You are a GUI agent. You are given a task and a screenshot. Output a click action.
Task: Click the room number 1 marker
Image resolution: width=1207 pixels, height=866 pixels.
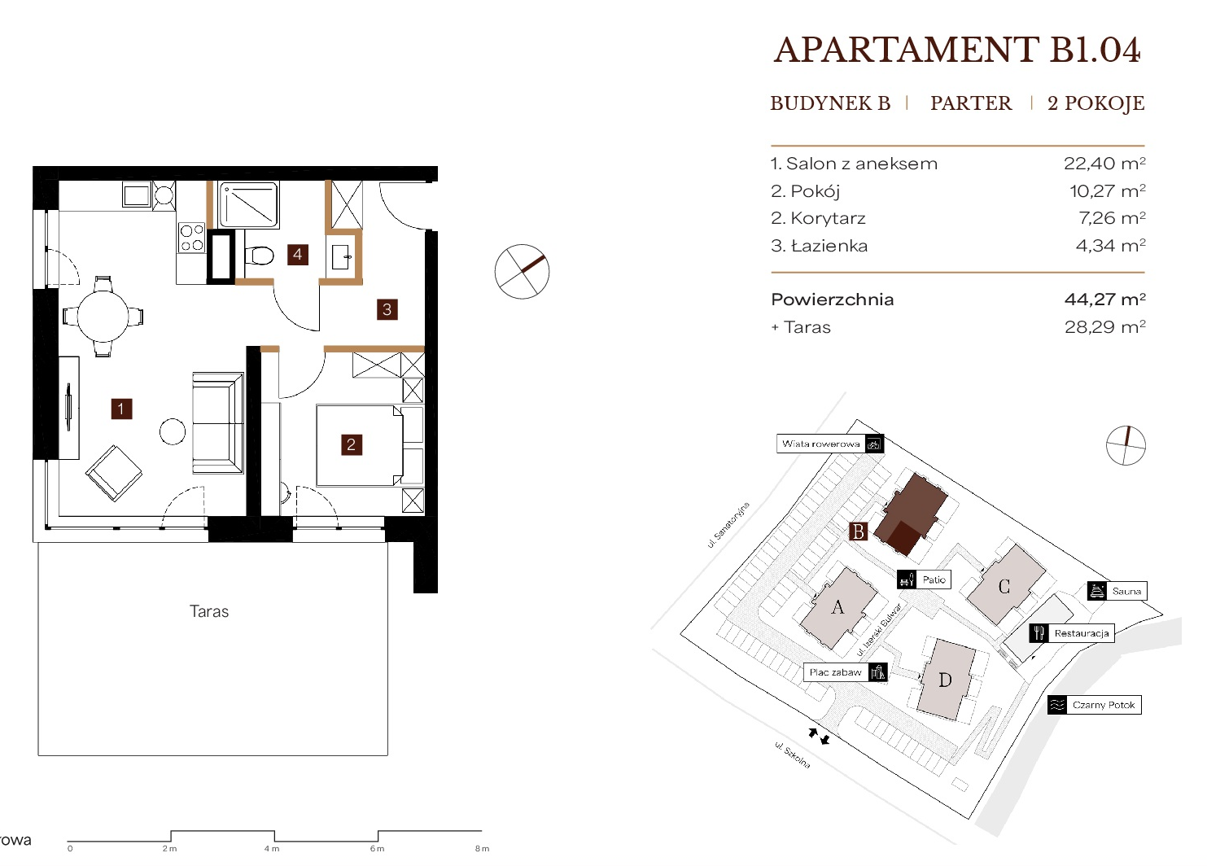click(x=121, y=409)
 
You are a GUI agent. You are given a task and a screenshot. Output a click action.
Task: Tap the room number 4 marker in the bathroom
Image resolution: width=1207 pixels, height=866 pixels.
click(x=297, y=255)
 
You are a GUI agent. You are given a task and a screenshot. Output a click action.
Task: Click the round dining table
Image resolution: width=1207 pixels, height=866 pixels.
click(x=103, y=317)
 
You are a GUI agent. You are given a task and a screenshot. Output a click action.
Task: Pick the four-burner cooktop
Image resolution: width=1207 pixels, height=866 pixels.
click(x=192, y=238)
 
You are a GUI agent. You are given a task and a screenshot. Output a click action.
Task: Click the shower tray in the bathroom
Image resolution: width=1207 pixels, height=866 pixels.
click(x=248, y=204)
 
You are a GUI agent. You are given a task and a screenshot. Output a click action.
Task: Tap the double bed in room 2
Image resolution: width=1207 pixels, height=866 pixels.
click(x=360, y=445)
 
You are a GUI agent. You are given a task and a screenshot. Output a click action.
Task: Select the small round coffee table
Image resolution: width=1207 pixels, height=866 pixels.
click(x=173, y=431)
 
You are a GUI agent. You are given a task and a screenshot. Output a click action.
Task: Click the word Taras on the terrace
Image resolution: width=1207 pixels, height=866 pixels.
click(x=209, y=611)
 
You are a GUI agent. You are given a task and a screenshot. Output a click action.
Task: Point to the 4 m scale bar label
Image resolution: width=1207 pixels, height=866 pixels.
click(x=272, y=848)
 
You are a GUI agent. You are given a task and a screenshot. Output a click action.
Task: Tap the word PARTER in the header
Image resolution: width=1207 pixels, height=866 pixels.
click(x=971, y=103)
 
